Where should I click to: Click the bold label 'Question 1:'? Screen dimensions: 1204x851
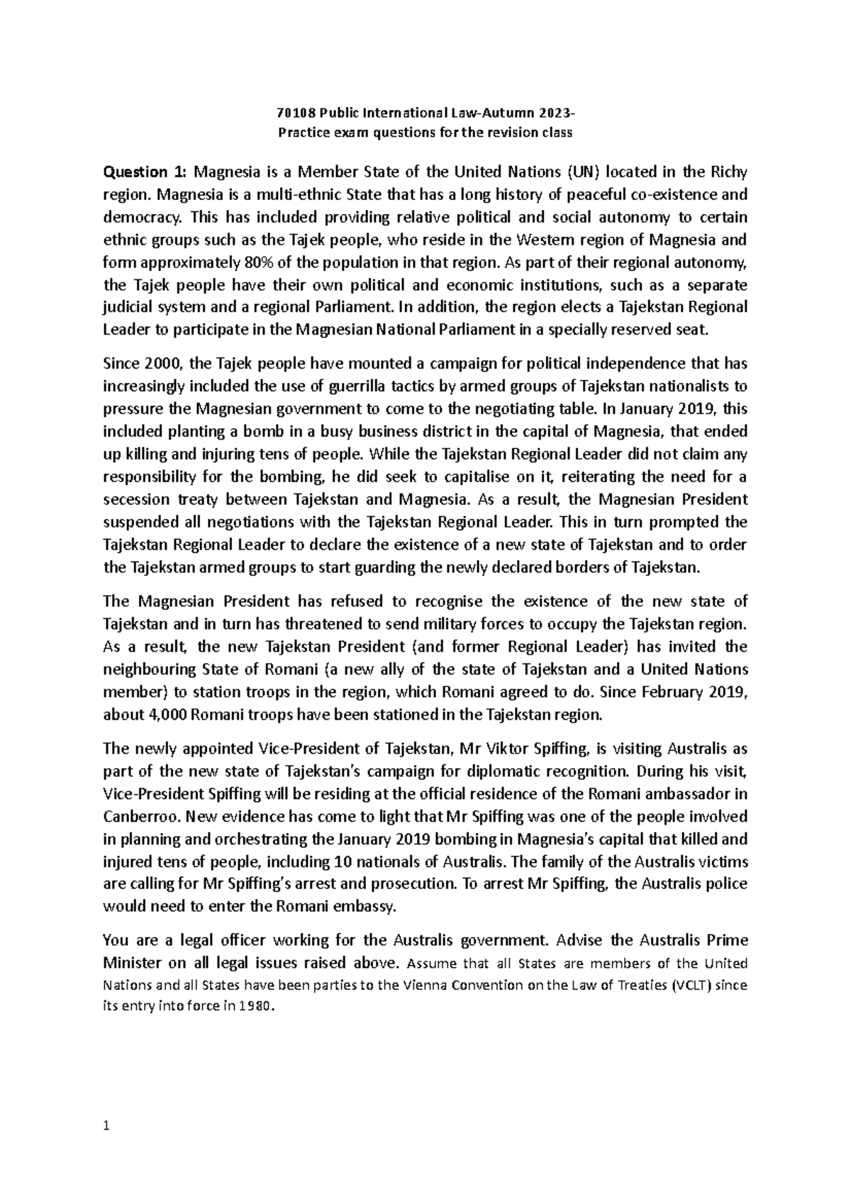144,172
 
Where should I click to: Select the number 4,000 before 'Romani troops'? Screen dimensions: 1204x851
167,715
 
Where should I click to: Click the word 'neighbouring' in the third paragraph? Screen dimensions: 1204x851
149,669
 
